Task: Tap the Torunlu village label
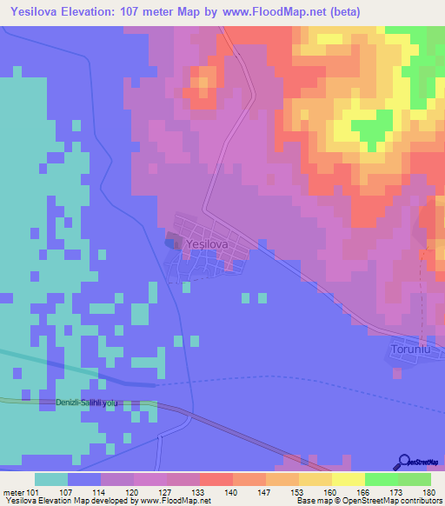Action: [x=410, y=350]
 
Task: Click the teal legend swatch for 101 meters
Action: [x=51, y=479]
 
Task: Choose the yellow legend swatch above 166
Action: [x=348, y=479]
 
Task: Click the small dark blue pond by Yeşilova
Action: [x=169, y=243]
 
